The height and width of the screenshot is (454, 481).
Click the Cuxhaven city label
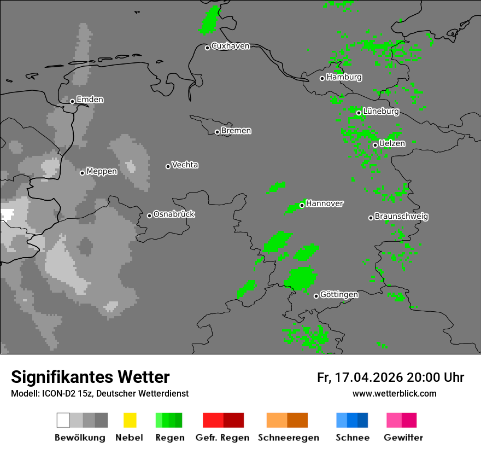[x=230, y=46]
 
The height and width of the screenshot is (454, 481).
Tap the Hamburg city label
[x=344, y=78]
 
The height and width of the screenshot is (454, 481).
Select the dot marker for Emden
[x=72, y=101]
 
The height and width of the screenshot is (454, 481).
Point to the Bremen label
[x=236, y=131]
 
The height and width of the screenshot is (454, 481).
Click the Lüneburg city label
[x=380, y=112]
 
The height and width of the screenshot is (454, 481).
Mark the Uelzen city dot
[x=375, y=145]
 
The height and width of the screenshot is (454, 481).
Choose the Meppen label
[x=102, y=172]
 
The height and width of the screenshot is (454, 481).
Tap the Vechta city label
[x=185, y=165]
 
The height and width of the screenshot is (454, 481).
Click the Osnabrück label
[x=174, y=214]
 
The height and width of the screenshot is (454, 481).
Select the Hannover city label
[x=325, y=203]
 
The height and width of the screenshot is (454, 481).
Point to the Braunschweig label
[x=401, y=217]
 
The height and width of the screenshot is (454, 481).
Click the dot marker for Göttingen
[x=316, y=296]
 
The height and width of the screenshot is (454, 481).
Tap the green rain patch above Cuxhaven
[x=209, y=21]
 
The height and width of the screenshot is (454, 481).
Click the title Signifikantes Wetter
[x=90, y=377]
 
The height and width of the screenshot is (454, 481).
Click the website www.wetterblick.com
[x=394, y=394]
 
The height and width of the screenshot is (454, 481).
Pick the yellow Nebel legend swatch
[x=130, y=420]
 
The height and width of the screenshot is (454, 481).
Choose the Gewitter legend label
[x=403, y=438]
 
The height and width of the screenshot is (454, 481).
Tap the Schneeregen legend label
[x=289, y=438]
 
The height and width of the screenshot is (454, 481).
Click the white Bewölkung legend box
[x=63, y=420]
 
